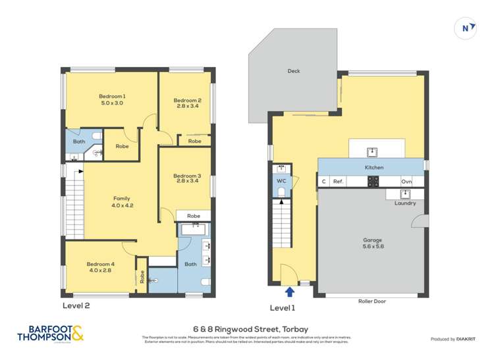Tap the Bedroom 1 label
[x=112, y=100]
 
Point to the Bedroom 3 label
[x=186, y=179]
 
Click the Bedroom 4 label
[x=99, y=267]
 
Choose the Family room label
[x=121, y=201]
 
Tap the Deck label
[x=294, y=71]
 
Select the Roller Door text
[x=373, y=301]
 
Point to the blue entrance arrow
[x=289, y=292]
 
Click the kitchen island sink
[x=371, y=151]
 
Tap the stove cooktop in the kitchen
[x=372, y=182]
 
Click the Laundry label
[x=405, y=203]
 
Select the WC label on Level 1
[x=281, y=180]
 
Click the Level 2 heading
[x=76, y=305]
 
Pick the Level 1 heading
[x=283, y=308]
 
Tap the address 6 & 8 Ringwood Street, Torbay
[x=246, y=329]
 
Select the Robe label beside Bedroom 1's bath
[x=122, y=147]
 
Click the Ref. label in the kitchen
[x=339, y=182]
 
